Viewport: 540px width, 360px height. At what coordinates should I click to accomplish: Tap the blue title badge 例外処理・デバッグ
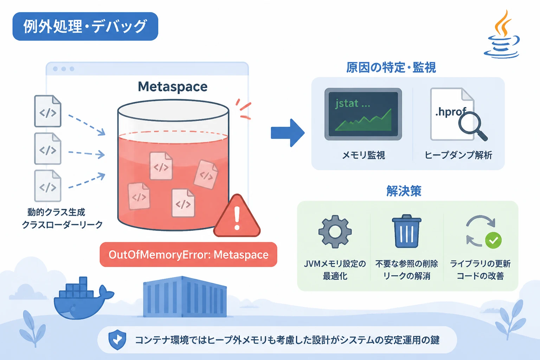click(x=85, y=26)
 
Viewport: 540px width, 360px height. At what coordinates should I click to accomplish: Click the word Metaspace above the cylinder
click(x=173, y=87)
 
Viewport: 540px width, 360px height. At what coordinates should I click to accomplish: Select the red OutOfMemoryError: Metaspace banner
click(x=188, y=255)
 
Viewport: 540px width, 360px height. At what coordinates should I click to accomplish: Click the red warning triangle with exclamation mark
click(x=237, y=216)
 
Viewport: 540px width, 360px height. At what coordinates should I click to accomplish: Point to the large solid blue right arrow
click(x=288, y=133)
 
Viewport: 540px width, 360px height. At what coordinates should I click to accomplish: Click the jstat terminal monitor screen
click(x=363, y=114)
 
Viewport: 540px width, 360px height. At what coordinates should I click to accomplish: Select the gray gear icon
click(x=335, y=232)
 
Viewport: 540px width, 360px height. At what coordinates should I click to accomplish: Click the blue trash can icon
click(x=406, y=231)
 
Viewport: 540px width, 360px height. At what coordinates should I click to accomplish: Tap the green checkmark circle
click(x=493, y=240)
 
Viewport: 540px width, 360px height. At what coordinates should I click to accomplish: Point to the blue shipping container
click(x=185, y=297)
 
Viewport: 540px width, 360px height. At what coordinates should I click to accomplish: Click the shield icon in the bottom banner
click(x=117, y=340)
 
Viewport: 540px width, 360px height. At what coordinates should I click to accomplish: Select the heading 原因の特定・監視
click(x=391, y=67)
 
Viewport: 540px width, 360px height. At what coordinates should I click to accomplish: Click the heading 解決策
click(x=404, y=191)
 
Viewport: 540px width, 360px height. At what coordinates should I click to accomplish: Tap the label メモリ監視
click(x=364, y=155)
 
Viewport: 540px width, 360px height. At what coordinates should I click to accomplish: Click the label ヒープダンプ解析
click(x=458, y=155)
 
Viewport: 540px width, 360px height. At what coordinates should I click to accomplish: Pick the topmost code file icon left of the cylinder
click(x=48, y=111)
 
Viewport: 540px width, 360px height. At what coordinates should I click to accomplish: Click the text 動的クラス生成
click(x=56, y=212)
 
